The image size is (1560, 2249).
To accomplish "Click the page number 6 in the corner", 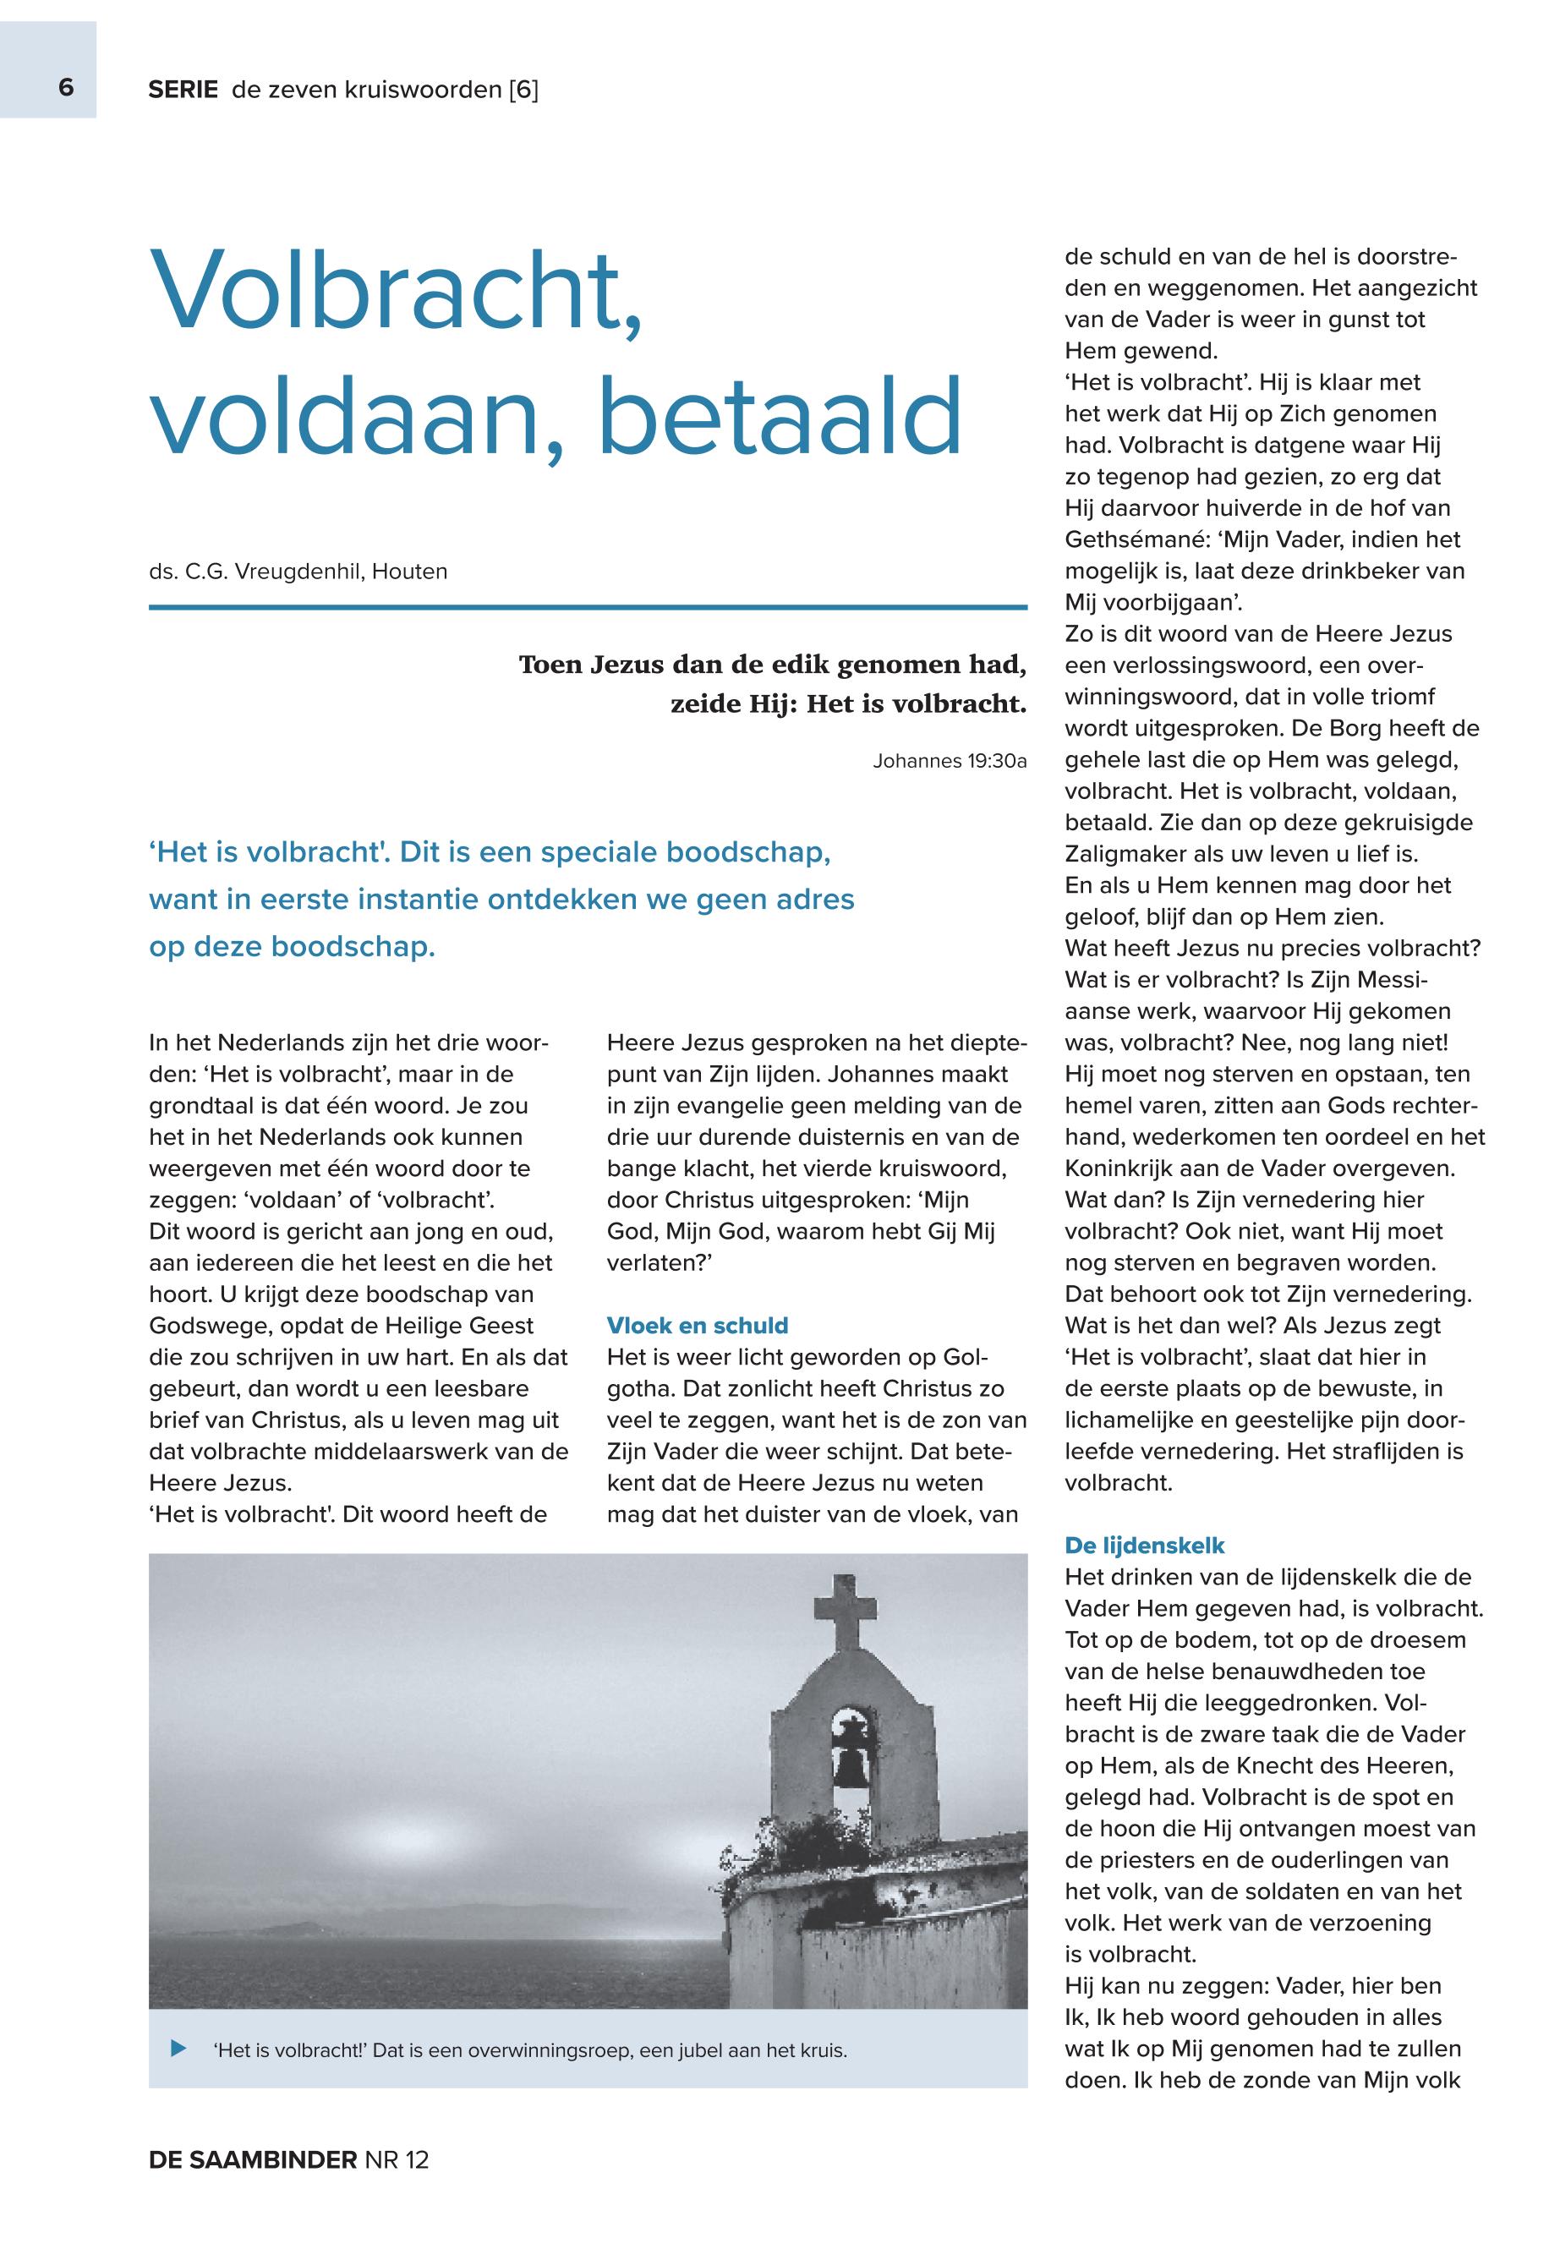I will coord(65,88).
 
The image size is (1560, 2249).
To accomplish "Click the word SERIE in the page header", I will coord(183,90).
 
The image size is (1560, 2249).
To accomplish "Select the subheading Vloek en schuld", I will coord(697,1326).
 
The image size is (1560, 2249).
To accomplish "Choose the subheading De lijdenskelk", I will coord(1145,1546).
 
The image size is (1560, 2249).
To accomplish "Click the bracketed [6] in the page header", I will coord(523,90).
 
